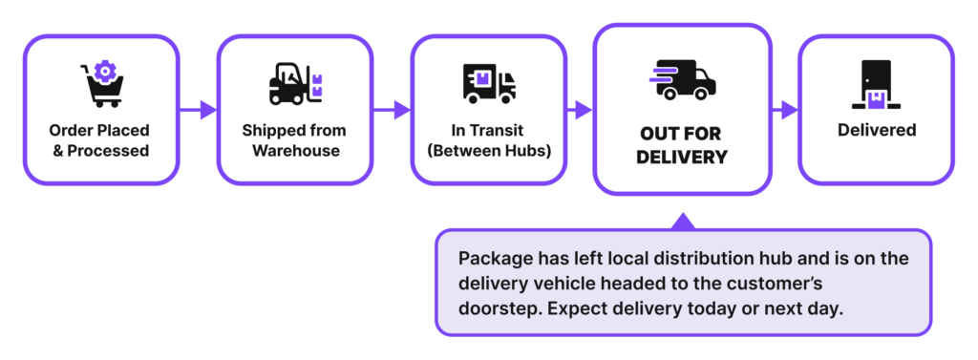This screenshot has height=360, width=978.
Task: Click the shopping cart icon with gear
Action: pos(101,85)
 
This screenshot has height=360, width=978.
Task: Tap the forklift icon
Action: pos(295,85)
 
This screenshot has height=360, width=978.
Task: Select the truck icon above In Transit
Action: pos(488,84)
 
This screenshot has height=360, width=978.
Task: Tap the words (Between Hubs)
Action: pos(488,150)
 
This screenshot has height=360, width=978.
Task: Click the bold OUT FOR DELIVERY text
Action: pos(682,144)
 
